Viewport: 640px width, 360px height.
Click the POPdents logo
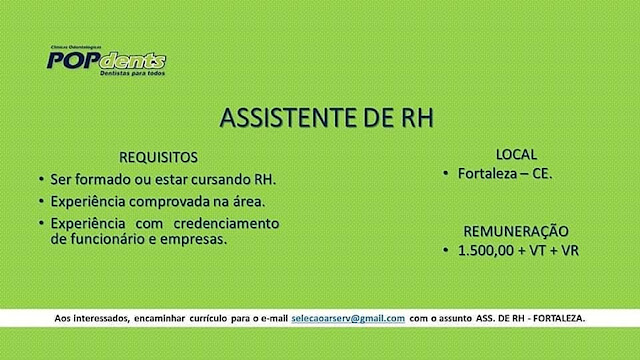coord(107,61)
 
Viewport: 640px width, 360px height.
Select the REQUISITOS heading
coord(158,158)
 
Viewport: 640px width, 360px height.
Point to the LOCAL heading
coord(516,155)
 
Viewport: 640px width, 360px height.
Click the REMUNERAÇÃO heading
coord(516,231)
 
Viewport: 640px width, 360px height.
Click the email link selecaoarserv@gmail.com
coord(348,318)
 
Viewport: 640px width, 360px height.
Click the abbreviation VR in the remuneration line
coord(570,251)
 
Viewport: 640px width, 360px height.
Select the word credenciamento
coord(227,224)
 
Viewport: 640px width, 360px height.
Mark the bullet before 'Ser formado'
coord(41,179)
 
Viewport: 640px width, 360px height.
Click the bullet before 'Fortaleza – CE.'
coord(446,173)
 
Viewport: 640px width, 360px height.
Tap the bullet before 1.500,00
coord(446,250)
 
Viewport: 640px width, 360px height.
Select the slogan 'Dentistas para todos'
coord(133,73)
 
